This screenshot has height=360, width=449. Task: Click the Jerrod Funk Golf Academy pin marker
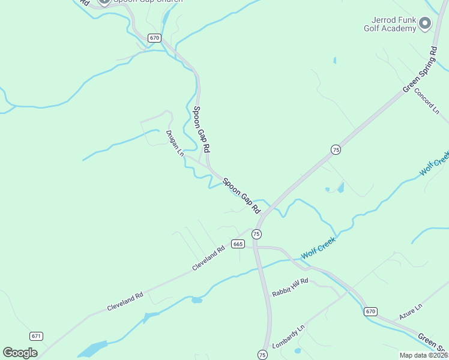tap(425, 23)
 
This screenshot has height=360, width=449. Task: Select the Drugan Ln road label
tap(175, 143)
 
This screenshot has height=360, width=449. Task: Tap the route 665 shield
tap(238, 244)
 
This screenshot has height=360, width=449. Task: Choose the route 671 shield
tap(36, 336)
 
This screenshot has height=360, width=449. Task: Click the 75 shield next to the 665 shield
tap(257, 233)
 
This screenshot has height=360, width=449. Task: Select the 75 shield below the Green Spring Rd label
tap(336, 149)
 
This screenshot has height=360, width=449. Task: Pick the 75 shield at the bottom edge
tap(262, 355)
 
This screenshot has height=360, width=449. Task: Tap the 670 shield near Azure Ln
tap(370, 311)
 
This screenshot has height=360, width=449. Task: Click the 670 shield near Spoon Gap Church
tap(155, 38)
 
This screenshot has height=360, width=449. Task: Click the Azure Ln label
tap(411, 311)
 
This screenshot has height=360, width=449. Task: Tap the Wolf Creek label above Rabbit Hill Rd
tap(318, 248)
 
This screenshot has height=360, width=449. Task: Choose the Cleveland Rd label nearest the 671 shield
tap(125, 301)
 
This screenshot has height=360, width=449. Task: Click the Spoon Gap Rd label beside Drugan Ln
tap(201, 128)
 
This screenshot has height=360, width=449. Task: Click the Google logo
tap(20, 353)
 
